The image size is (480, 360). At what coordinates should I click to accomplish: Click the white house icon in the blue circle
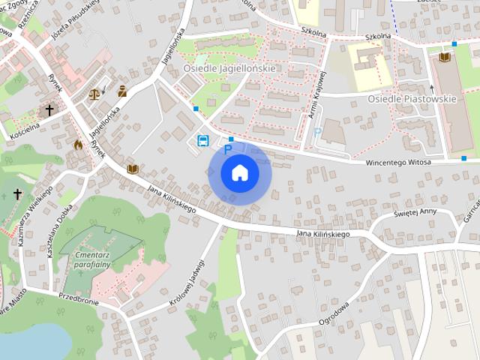pyautogui.click(x=240, y=172)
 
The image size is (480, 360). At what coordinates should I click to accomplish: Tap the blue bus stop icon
pyautogui.click(x=202, y=140)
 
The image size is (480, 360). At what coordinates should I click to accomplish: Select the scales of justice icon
pyautogui.click(x=94, y=94)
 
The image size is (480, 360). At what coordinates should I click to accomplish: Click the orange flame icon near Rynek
pyautogui.click(x=78, y=145)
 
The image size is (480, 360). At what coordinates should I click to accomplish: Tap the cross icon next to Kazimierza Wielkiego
pyautogui.click(x=17, y=194)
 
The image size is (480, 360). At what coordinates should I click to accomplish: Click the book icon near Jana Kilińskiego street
pyautogui.click(x=133, y=169)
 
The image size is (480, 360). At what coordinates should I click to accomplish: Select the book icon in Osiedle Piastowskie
pyautogui.click(x=444, y=57)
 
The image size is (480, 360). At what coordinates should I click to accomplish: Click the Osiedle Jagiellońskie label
pyautogui.click(x=229, y=68)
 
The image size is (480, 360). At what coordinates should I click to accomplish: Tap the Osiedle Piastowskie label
pyautogui.click(x=412, y=98)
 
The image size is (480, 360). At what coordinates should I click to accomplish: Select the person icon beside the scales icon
pyautogui.click(x=122, y=91)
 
